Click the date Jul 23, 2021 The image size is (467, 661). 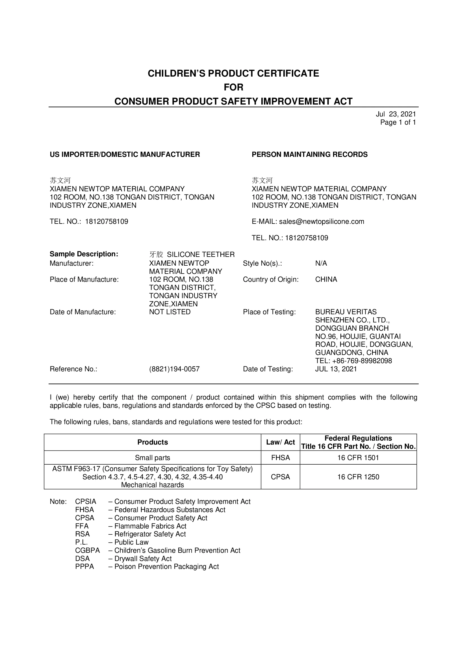(x=396, y=114)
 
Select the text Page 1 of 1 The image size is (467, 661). (x=398, y=122)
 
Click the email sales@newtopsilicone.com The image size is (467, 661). (x=322, y=221)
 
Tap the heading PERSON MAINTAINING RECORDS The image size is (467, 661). (x=310, y=154)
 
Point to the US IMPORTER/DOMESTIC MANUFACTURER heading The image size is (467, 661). (x=125, y=154)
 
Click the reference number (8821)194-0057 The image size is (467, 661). (x=174, y=369)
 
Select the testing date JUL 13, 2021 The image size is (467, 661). (x=336, y=369)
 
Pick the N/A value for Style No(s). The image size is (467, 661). (x=321, y=263)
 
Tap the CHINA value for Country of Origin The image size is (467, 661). (x=326, y=279)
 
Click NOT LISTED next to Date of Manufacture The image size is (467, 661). (x=170, y=312)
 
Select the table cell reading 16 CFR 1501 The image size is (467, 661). (x=358, y=458)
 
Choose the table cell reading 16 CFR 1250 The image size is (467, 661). (x=358, y=477)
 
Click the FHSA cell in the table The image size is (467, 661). (x=281, y=458)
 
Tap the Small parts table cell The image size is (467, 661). (x=153, y=458)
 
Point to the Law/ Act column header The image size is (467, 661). (x=281, y=442)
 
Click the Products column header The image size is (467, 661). (x=153, y=442)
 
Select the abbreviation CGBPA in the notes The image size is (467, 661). (x=88, y=551)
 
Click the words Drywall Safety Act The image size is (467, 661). (x=143, y=558)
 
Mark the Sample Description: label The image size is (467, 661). (x=84, y=254)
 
